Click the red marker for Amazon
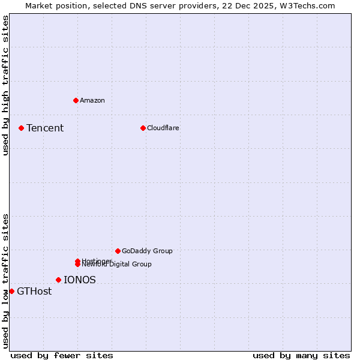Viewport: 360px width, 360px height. [x=76, y=100]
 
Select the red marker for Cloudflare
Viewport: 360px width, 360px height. [x=143, y=128]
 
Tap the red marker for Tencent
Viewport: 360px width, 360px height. [x=21, y=128]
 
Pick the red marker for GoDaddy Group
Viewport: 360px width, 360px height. [x=118, y=251]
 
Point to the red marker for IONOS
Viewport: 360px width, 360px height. [x=58, y=280]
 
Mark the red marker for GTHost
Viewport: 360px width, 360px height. [x=12, y=291]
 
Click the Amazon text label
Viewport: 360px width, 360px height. [x=92, y=100]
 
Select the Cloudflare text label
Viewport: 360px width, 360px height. [x=163, y=128]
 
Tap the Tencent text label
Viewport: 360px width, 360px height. [x=45, y=128]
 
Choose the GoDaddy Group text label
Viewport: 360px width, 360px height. [x=147, y=251]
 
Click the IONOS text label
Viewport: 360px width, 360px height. [x=80, y=280]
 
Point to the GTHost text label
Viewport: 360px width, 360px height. [x=34, y=292]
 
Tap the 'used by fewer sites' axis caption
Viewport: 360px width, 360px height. [x=62, y=355]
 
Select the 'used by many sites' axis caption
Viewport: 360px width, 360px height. [x=301, y=355]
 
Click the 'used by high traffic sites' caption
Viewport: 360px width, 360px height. [x=6, y=85]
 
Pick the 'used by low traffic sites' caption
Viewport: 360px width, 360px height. [x=6, y=280]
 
